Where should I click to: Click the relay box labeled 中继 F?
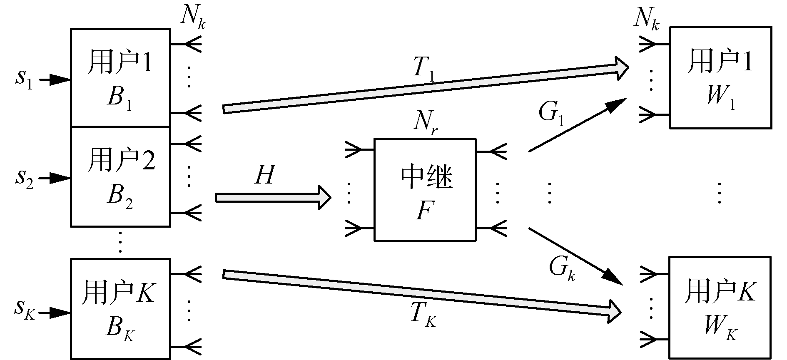pyautogui.click(x=425, y=190)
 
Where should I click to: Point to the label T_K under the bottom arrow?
pyautogui.click(x=423, y=315)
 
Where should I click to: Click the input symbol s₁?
pyautogui.click(x=24, y=79)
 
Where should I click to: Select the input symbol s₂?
pyautogui.click(x=25, y=179)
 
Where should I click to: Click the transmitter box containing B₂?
pyautogui.click(x=120, y=176)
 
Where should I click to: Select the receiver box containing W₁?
pyautogui.click(x=720, y=77)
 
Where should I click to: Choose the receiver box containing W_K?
pyautogui.click(x=720, y=308)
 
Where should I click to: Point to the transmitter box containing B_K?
pyautogui.click(x=120, y=308)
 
